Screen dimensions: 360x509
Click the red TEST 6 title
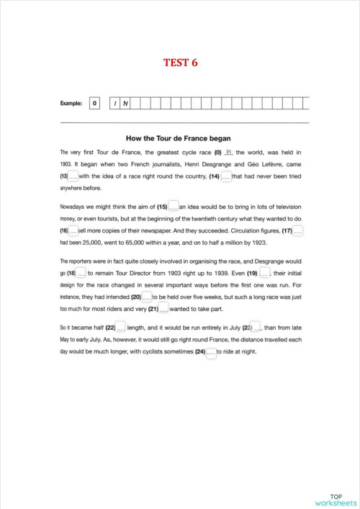(x=180, y=63)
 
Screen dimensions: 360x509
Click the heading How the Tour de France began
(x=179, y=138)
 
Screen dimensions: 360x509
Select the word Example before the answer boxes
(x=71, y=104)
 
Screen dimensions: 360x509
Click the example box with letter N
(x=126, y=104)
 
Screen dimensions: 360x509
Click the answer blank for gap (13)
(x=73, y=176)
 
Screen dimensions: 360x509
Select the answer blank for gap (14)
(x=226, y=176)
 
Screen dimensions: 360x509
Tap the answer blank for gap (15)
(x=173, y=206)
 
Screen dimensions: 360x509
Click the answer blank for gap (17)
(x=298, y=230)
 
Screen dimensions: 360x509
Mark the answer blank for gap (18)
(x=81, y=273)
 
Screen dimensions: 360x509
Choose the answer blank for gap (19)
(x=264, y=273)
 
